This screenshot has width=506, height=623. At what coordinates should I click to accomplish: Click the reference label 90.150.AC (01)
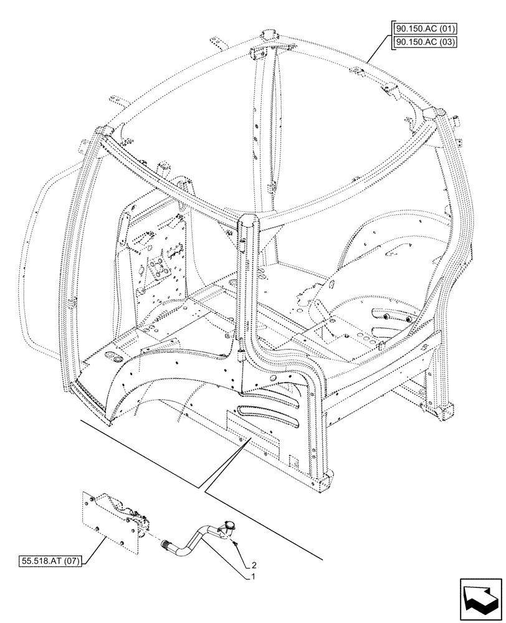[x=424, y=29]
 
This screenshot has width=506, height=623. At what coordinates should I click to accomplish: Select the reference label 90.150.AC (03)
[x=424, y=42]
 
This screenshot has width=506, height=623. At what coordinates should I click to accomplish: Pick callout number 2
[x=254, y=566]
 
